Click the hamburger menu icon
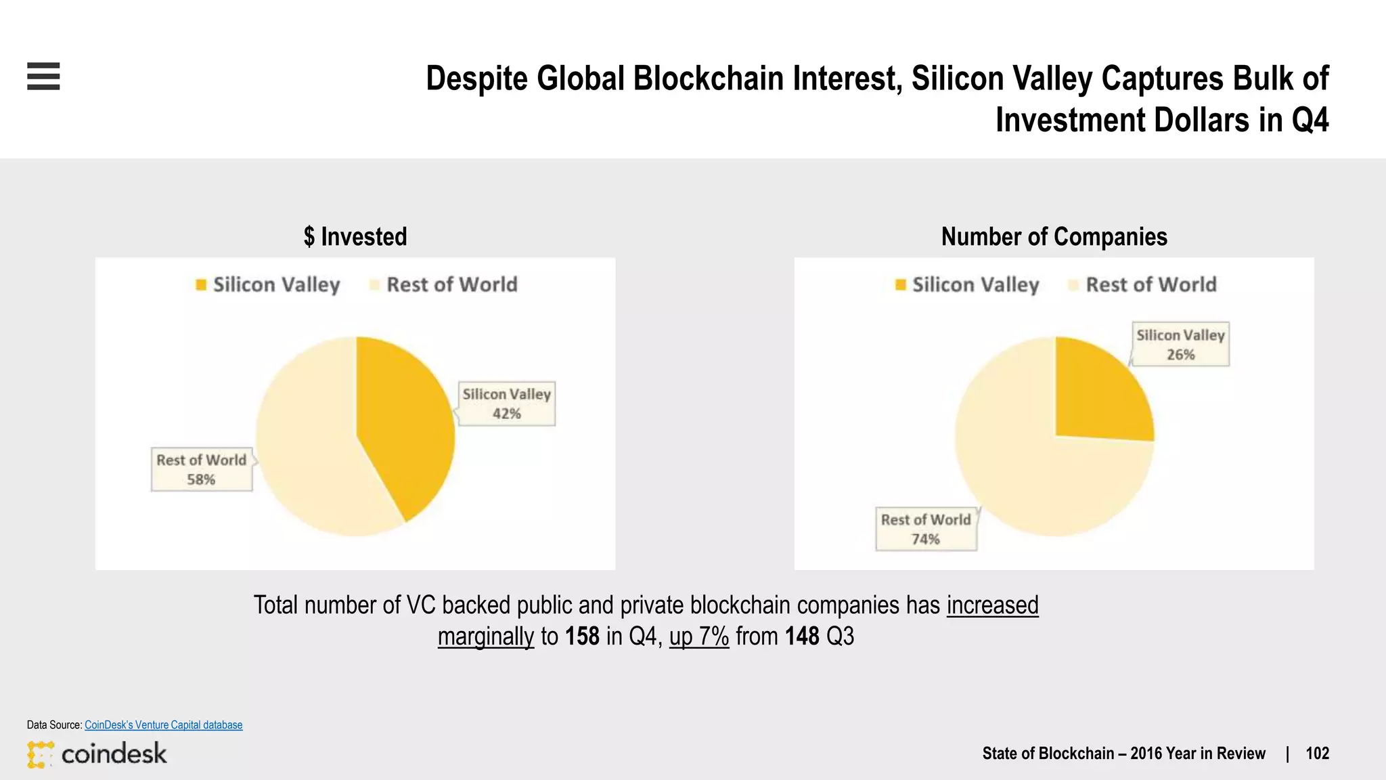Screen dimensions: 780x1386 pos(43,76)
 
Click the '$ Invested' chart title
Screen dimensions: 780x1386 pos(355,237)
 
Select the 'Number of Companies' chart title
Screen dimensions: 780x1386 pos(1054,237)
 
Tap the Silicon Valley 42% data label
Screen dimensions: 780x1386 pos(507,404)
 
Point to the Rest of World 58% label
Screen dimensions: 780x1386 pos(202,469)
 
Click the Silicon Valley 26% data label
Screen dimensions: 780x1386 pos(1180,345)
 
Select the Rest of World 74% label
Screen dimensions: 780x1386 pos(926,529)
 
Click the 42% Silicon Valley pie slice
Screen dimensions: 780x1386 pos(406,427)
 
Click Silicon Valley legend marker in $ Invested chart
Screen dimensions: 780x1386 pos(201,285)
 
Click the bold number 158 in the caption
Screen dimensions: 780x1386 pos(582,636)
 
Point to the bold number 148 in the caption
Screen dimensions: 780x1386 pos(802,636)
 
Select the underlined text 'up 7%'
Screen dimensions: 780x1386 pos(699,636)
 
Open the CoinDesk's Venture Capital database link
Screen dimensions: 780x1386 pos(163,724)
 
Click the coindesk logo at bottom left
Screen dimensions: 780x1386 pos(97,754)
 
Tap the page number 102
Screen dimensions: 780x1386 pos(1317,754)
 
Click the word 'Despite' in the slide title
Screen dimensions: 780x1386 pos(476,79)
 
